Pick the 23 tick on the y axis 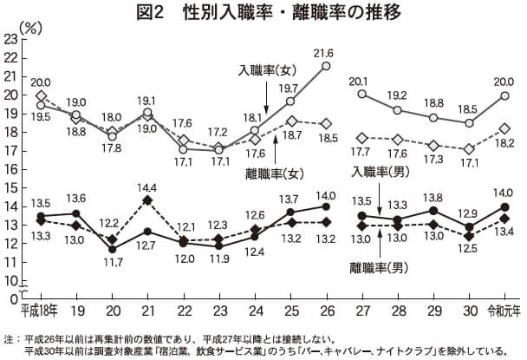click(10, 39)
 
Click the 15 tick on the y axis click(10, 188)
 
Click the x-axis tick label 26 click(325, 308)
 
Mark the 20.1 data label click(361, 81)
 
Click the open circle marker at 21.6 click(326, 65)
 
